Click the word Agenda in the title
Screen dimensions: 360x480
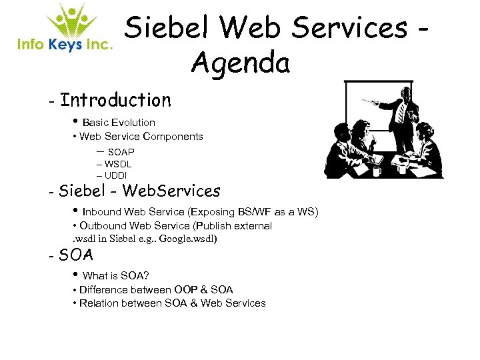tap(240, 63)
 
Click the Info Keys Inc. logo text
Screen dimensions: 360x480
tap(65, 45)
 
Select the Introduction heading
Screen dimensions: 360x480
tap(115, 101)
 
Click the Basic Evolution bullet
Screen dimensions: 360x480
tap(118, 123)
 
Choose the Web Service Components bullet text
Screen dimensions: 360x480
tap(141, 137)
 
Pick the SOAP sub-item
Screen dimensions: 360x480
tap(121, 153)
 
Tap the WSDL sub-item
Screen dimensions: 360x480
tap(118, 164)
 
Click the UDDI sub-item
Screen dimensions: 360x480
tap(116, 175)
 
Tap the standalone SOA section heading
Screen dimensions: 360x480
tap(76, 255)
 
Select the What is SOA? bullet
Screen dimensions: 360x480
tap(115, 276)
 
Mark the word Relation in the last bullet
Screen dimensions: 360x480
tap(99, 303)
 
